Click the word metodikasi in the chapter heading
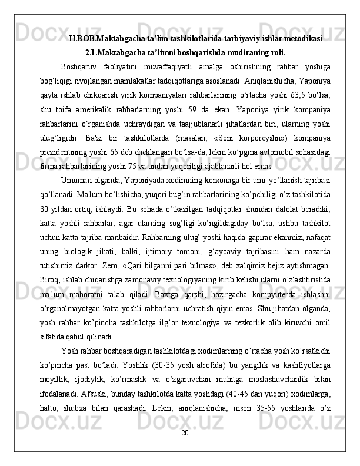click(x=302, y=39)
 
